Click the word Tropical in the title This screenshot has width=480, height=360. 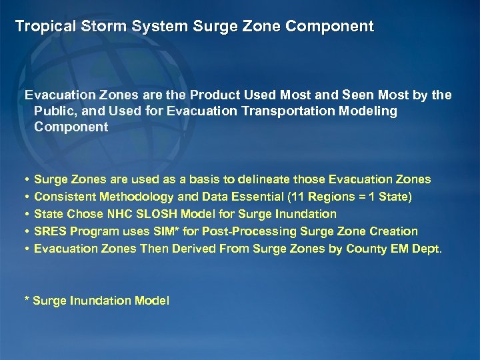coord(41,27)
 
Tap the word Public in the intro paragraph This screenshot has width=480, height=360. coord(54,111)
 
